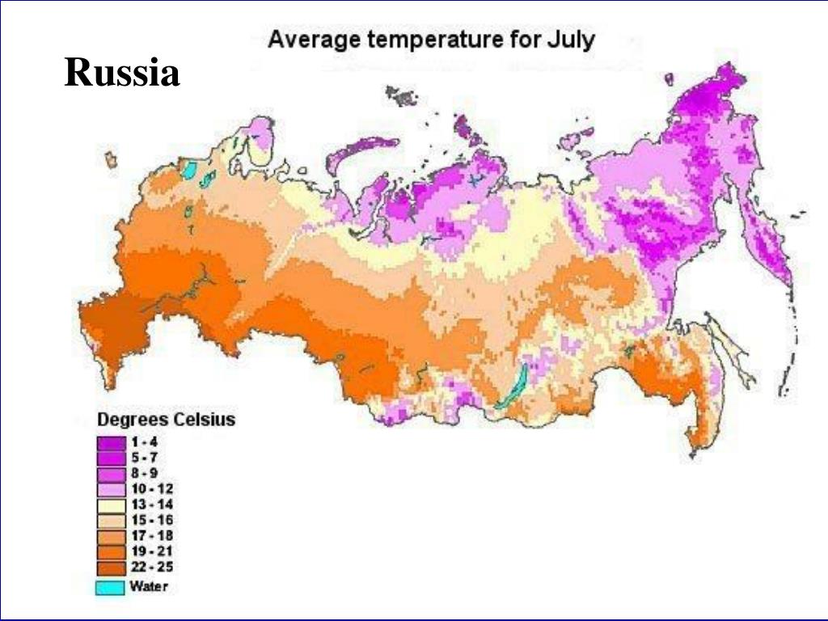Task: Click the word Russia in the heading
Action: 122,74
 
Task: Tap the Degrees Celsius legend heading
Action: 166,420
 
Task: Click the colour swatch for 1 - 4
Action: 112,443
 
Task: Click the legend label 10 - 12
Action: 152,489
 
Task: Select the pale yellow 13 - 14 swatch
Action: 112,505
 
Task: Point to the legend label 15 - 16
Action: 152,520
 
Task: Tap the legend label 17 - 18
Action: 152,535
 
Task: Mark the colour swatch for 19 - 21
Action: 112,551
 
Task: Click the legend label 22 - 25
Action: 152,567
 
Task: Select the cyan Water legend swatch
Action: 112,587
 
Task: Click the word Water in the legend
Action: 151,587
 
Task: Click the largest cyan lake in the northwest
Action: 189,171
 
